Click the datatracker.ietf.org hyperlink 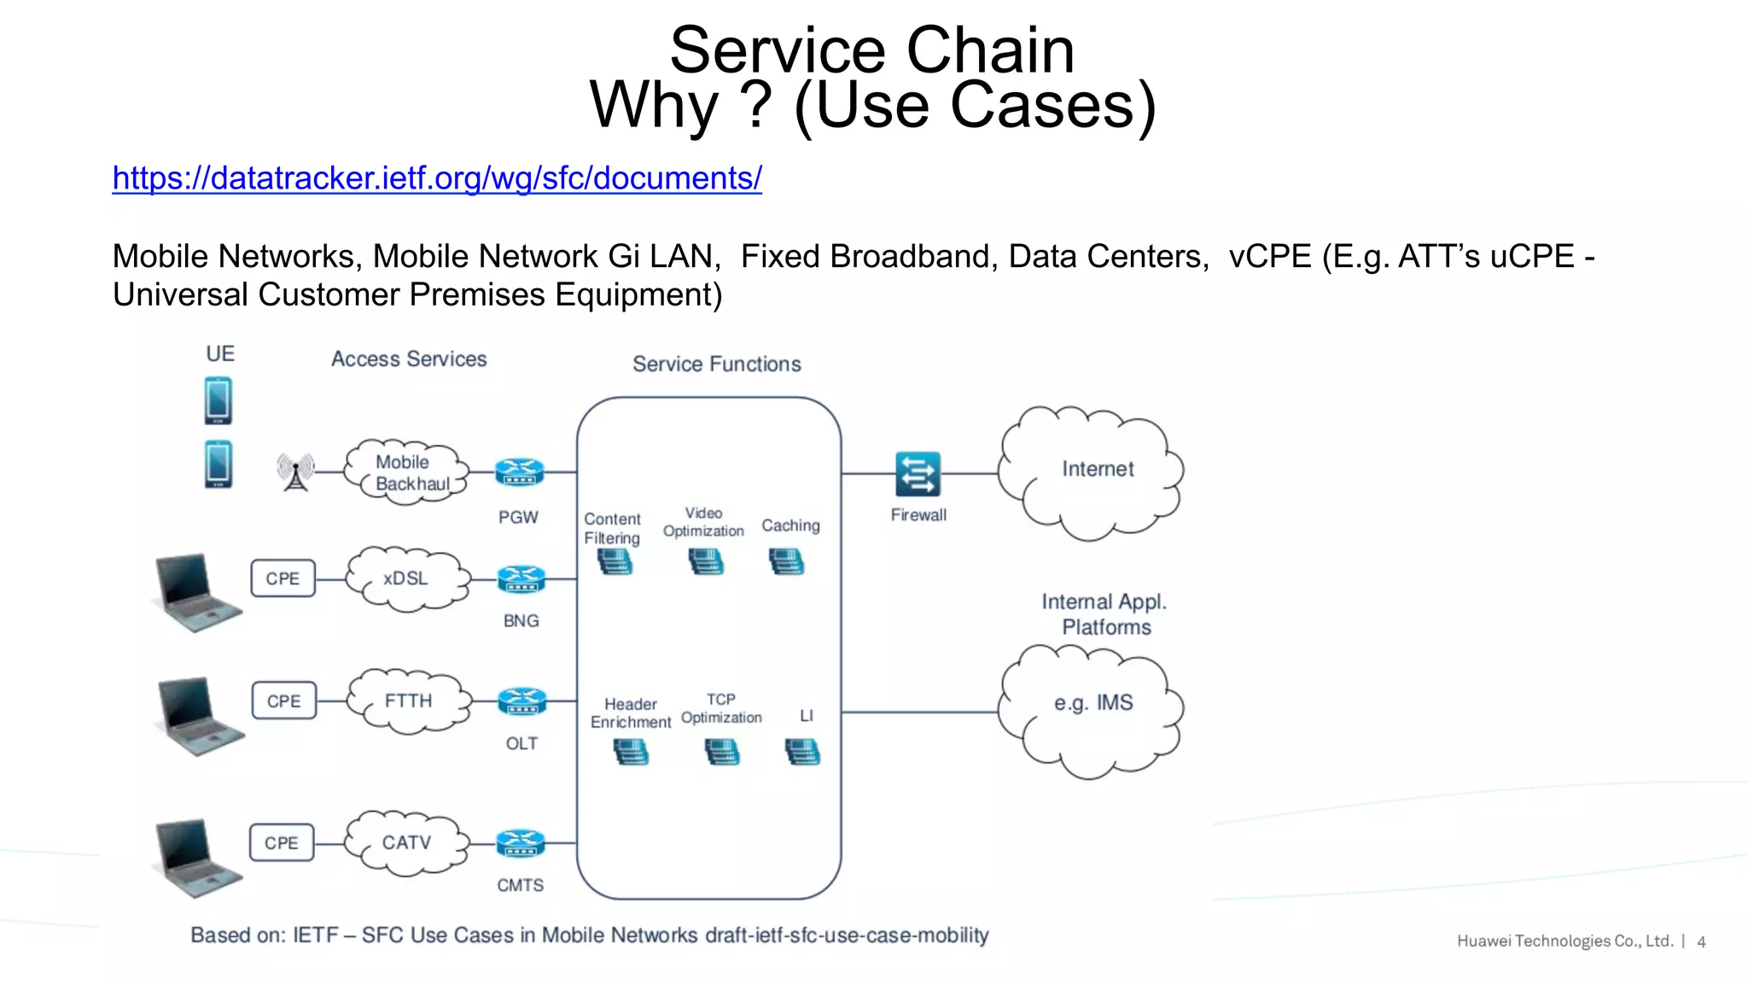tap(437, 178)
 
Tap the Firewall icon tap(918, 474)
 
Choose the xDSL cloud tap(406, 579)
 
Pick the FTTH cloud tap(408, 701)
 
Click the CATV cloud tap(406, 843)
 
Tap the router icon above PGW tap(519, 472)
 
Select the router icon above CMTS tap(520, 843)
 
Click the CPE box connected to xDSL tap(283, 579)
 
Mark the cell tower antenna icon tap(295, 472)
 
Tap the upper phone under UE tap(218, 401)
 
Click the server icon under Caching tap(786, 561)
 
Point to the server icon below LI tap(802, 752)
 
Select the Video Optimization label tap(703, 522)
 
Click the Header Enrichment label tap(630, 713)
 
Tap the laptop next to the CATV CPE tap(196, 858)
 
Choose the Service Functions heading tap(716, 364)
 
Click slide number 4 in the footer tap(1701, 942)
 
